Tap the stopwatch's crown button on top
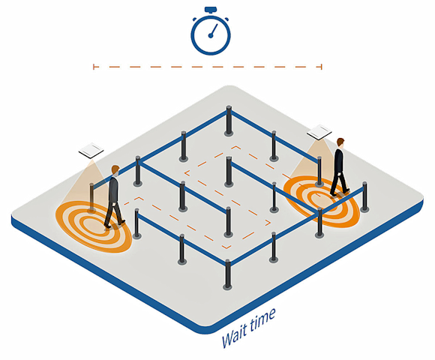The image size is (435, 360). pos(211,10)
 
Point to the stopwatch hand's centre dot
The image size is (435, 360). pos(211,35)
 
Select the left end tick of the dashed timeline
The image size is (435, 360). pos(94,67)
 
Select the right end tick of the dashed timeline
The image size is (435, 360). pos(322,67)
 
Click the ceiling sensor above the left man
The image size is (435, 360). pos(91,151)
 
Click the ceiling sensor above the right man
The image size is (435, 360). pos(319,132)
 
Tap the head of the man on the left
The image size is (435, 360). pos(115,170)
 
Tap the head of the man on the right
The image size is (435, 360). pos(340,142)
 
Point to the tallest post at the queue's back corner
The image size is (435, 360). pos(229,121)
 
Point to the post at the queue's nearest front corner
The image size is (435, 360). pos(227,275)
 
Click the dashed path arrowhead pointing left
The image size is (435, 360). pos(187,173)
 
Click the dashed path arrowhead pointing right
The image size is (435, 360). pos(268,223)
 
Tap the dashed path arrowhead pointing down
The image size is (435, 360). pos(227,247)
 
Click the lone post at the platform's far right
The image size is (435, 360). pos(364,197)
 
